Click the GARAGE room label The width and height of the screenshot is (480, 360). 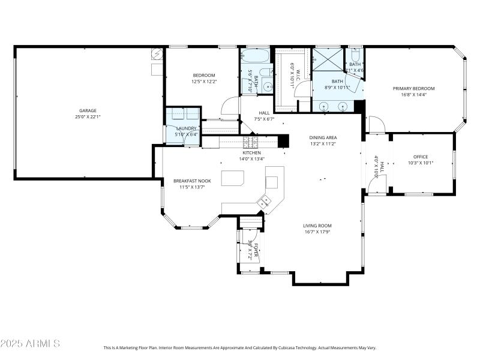[x=88, y=110]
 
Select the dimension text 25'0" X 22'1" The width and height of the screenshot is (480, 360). [x=88, y=117]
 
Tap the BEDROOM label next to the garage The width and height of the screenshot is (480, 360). [x=203, y=75]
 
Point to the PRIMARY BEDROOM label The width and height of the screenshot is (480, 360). [x=413, y=88]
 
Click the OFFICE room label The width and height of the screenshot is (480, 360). [x=421, y=157]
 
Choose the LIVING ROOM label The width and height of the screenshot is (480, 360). [x=317, y=226]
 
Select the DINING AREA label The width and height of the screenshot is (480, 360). [x=323, y=137]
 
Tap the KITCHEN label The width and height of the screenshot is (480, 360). [x=251, y=152]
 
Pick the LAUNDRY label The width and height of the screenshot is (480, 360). [x=186, y=128]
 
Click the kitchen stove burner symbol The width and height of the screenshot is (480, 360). [x=250, y=142]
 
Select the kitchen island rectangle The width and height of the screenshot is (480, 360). [x=233, y=179]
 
